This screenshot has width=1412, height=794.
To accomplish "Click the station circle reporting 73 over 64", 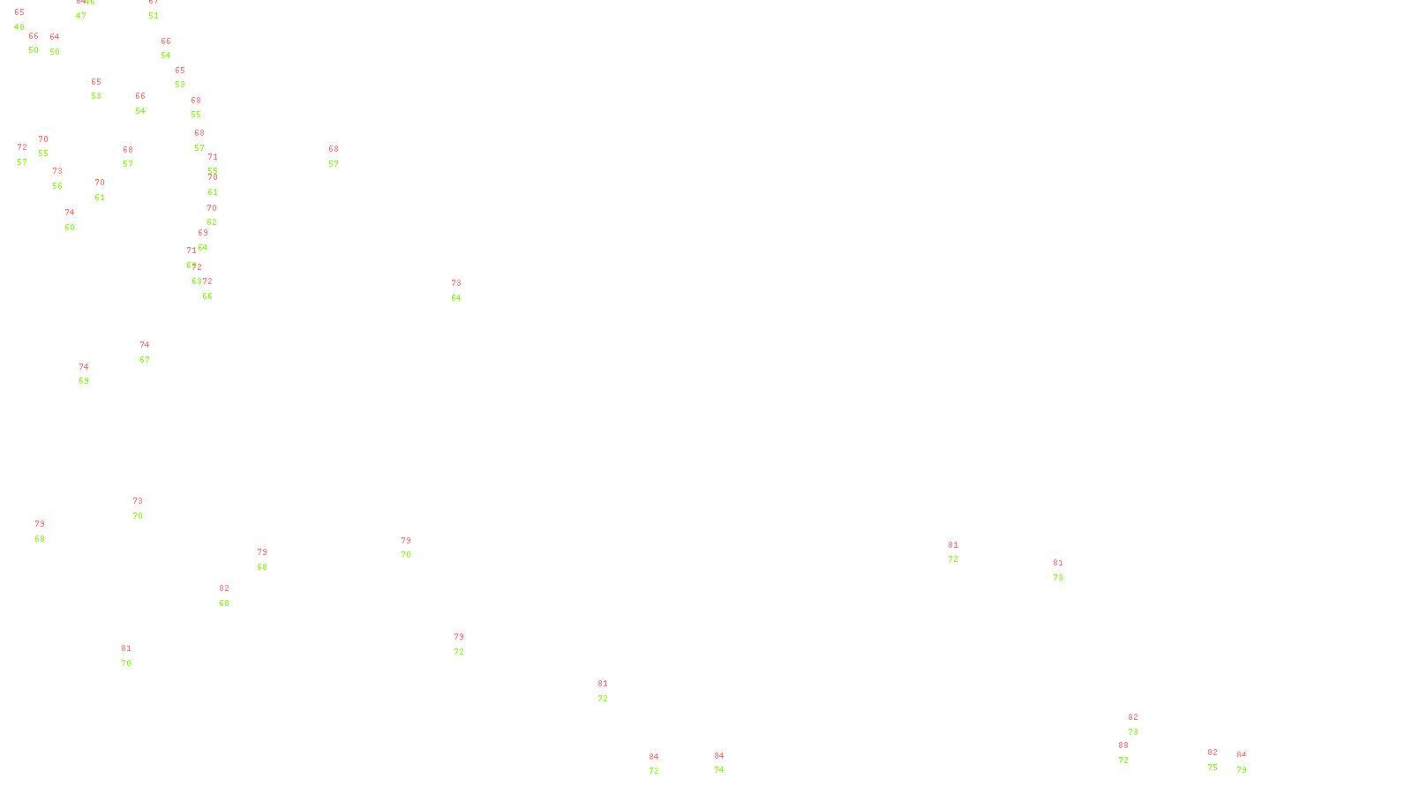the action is tap(464, 291).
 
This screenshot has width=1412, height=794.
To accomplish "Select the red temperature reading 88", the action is tap(1123, 745).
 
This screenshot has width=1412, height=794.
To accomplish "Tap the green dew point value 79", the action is tap(1242, 770).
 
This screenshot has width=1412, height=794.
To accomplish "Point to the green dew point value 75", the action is tap(1213, 768).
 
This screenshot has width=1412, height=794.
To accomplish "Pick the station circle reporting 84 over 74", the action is tap(728, 764).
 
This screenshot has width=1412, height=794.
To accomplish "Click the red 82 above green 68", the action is tap(224, 588).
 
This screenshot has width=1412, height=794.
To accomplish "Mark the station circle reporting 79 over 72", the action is tap(468, 645).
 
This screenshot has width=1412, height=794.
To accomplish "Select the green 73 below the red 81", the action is tap(1058, 578).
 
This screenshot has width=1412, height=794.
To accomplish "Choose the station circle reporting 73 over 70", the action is tap(146, 509).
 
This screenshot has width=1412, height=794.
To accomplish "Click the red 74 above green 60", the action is tap(70, 213).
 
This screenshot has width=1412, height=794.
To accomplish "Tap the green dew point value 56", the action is tap(57, 186).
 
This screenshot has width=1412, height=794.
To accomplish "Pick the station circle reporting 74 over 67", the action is tap(153, 353).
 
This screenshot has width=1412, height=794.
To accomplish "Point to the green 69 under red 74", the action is tap(84, 381).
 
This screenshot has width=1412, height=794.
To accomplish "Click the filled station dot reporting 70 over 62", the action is tap(221, 215).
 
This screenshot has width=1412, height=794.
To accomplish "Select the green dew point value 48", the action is tap(19, 27).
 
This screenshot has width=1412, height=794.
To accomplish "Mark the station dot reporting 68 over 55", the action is tap(205, 108).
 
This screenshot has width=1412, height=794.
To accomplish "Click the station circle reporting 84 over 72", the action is tap(663, 765).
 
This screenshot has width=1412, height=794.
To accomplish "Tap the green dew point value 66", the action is tap(207, 296).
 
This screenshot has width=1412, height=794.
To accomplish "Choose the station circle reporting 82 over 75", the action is tap(1220, 760).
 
